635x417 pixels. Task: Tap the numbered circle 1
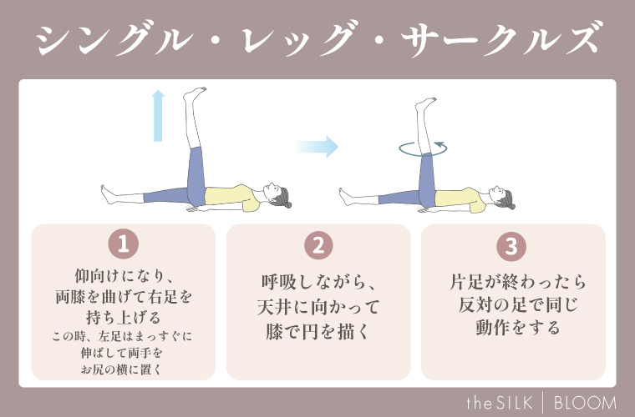pyautogui.click(x=124, y=245)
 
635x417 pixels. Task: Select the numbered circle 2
pyautogui.click(x=318, y=245)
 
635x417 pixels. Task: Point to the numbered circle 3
pyautogui.click(x=512, y=245)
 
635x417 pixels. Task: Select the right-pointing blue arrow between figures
pyautogui.click(x=317, y=148)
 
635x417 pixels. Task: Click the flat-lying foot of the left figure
pyautogui.click(x=107, y=195)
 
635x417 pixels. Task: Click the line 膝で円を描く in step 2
pyautogui.click(x=318, y=333)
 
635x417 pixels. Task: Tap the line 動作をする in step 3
pyautogui.click(x=512, y=326)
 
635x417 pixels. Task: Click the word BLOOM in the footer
pyautogui.click(x=586, y=403)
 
